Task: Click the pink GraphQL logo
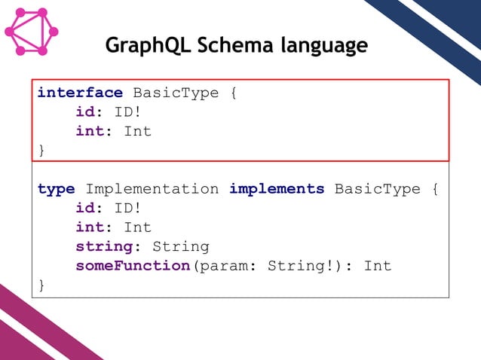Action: coord(30,32)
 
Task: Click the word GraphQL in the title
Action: coord(148,46)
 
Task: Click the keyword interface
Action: coord(80,93)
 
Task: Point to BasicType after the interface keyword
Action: coord(176,93)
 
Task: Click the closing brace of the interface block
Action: coord(41,150)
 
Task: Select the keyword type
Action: coord(56,189)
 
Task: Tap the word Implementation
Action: coord(152,189)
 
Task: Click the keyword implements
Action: coord(277,189)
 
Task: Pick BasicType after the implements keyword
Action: coord(377,189)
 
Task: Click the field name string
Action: coord(104,246)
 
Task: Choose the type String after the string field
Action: coord(181,246)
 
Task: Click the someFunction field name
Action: coord(133,266)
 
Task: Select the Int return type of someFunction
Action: coord(378,266)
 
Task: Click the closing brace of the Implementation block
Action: coord(41,285)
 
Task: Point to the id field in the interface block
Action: coord(84,112)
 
